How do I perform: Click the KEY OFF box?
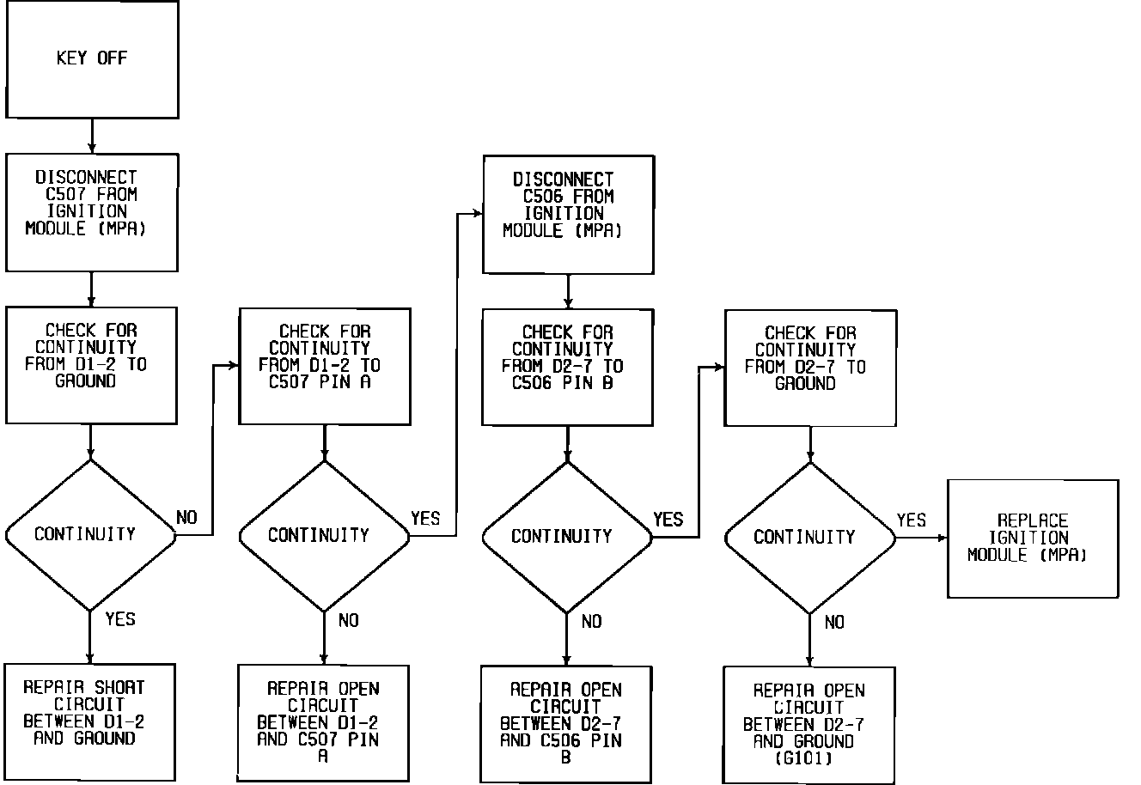[x=92, y=59]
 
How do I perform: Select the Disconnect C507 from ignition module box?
[x=92, y=212]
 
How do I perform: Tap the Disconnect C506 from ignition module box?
[x=568, y=214]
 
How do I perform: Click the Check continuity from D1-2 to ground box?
[x=91, y=365]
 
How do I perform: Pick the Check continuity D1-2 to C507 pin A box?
[x=324, y=366]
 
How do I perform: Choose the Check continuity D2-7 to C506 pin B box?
[x=567, y=367]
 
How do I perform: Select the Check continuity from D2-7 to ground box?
[x=810, y=368]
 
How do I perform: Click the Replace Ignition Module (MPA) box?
[x=1032, y=539]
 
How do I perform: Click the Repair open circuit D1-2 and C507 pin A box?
[x=323, y=721]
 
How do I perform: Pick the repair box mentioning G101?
[x=808, y=724]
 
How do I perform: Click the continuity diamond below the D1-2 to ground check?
[x=89, y=535]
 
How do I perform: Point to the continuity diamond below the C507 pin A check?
[x=324, y=536]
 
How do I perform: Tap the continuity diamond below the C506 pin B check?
[x=566, y=537]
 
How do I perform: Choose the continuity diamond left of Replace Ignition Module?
[x=809, y=538]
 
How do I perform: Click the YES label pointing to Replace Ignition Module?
[x=912, y=520]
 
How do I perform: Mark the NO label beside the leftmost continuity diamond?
[x=186, y=517]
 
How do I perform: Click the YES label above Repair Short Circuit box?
[x=120, y=618]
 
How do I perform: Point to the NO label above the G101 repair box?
[x=833, y=623]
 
